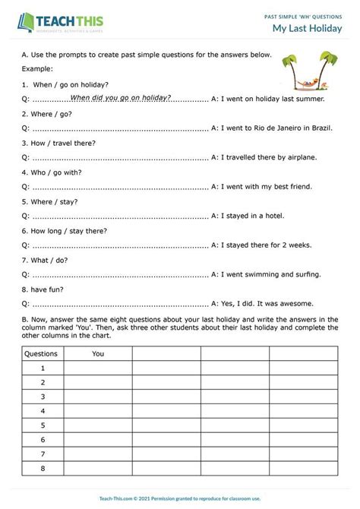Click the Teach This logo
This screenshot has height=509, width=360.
point(61,22)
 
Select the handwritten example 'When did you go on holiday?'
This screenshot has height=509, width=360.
point(120,98)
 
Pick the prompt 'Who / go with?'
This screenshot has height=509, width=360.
point(52,172)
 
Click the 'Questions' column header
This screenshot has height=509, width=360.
point(42,353)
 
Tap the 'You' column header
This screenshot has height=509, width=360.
point(98,353)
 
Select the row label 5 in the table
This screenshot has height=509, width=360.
point(43,425)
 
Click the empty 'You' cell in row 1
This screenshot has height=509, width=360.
point(98,368)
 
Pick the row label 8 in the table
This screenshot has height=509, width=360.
point(43,469)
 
